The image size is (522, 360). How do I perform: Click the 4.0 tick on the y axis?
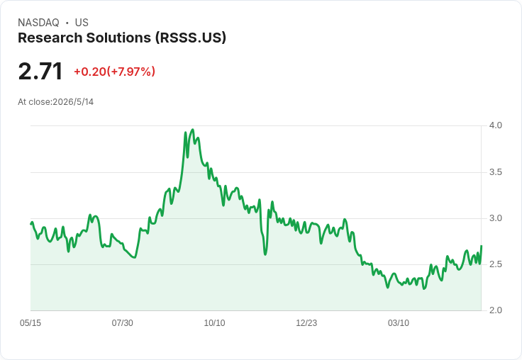pos(495,125)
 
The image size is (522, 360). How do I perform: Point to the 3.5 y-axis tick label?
pos(495,172)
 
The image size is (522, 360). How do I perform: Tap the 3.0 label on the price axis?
pos(495,218)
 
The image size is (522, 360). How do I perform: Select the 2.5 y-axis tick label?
pos(495,264)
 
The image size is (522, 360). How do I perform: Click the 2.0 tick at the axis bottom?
pos(495,310)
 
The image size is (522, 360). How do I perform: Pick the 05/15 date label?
pos(30,323)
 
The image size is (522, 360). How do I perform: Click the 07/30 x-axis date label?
pos(122,323)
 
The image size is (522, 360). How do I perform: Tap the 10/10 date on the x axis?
pos(214,323)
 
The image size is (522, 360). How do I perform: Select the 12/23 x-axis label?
pos(306,323)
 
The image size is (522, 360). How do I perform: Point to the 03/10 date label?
pos(399,323)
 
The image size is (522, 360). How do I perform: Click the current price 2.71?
pos(40,72)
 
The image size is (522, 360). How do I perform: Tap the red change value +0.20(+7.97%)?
pos(114,72)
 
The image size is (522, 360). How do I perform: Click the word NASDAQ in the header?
pos(38,23)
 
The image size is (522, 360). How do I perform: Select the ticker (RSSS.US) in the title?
pos(190,38)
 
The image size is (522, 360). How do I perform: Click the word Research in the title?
pos(50,38)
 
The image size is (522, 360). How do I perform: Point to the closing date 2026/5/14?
pos(73,102)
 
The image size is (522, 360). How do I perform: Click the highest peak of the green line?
pos(193,130)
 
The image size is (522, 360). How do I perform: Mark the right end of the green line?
pos(482,246)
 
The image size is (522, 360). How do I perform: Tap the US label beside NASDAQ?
pos(82,23)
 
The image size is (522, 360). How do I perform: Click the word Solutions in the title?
pos(118,38)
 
